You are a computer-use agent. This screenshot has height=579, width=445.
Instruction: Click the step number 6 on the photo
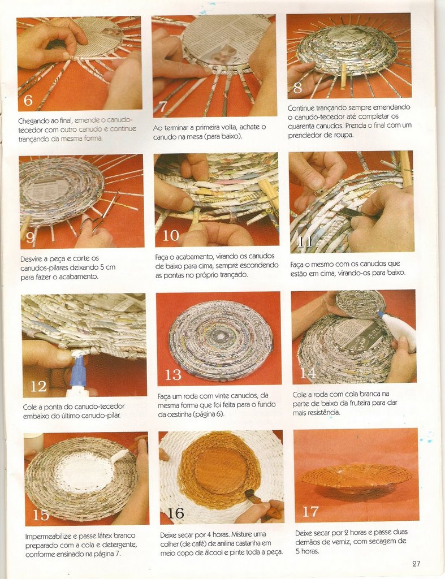tap(28, 100)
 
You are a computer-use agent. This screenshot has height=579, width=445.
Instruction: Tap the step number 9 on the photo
tap(31, 237)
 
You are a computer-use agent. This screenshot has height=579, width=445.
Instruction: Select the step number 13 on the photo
tap(173, 375)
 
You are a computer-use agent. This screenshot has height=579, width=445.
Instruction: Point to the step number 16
tap(175, 512)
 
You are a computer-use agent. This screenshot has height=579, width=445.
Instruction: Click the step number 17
tap(310, 511)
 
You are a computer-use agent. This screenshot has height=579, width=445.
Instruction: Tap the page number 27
tap(416, 564)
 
